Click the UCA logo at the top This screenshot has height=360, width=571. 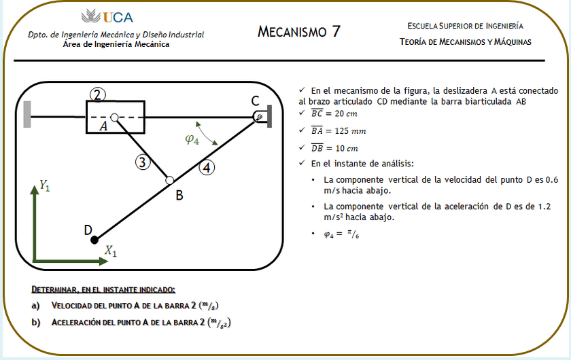[x=107, y=17]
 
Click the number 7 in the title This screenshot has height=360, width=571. [x=334, y=31]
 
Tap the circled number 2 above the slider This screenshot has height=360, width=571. [x=98, y=95]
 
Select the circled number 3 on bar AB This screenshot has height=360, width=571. [x=141, y=162]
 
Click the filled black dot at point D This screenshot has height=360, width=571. [x=94, y=239]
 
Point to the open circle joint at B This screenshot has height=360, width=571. [x=170, y=180]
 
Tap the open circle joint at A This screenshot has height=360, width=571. [x=115, y=117]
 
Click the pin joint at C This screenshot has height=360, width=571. [x=258, y=117]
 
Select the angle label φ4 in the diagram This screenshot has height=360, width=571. [x=192, y=140]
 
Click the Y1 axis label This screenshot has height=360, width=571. [x=45, y=185]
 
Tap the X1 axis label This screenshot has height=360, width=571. [x=110, y=252]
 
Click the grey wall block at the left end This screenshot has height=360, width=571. [x=27, y=114]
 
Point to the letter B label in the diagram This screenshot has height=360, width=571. [x=179, y=196]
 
